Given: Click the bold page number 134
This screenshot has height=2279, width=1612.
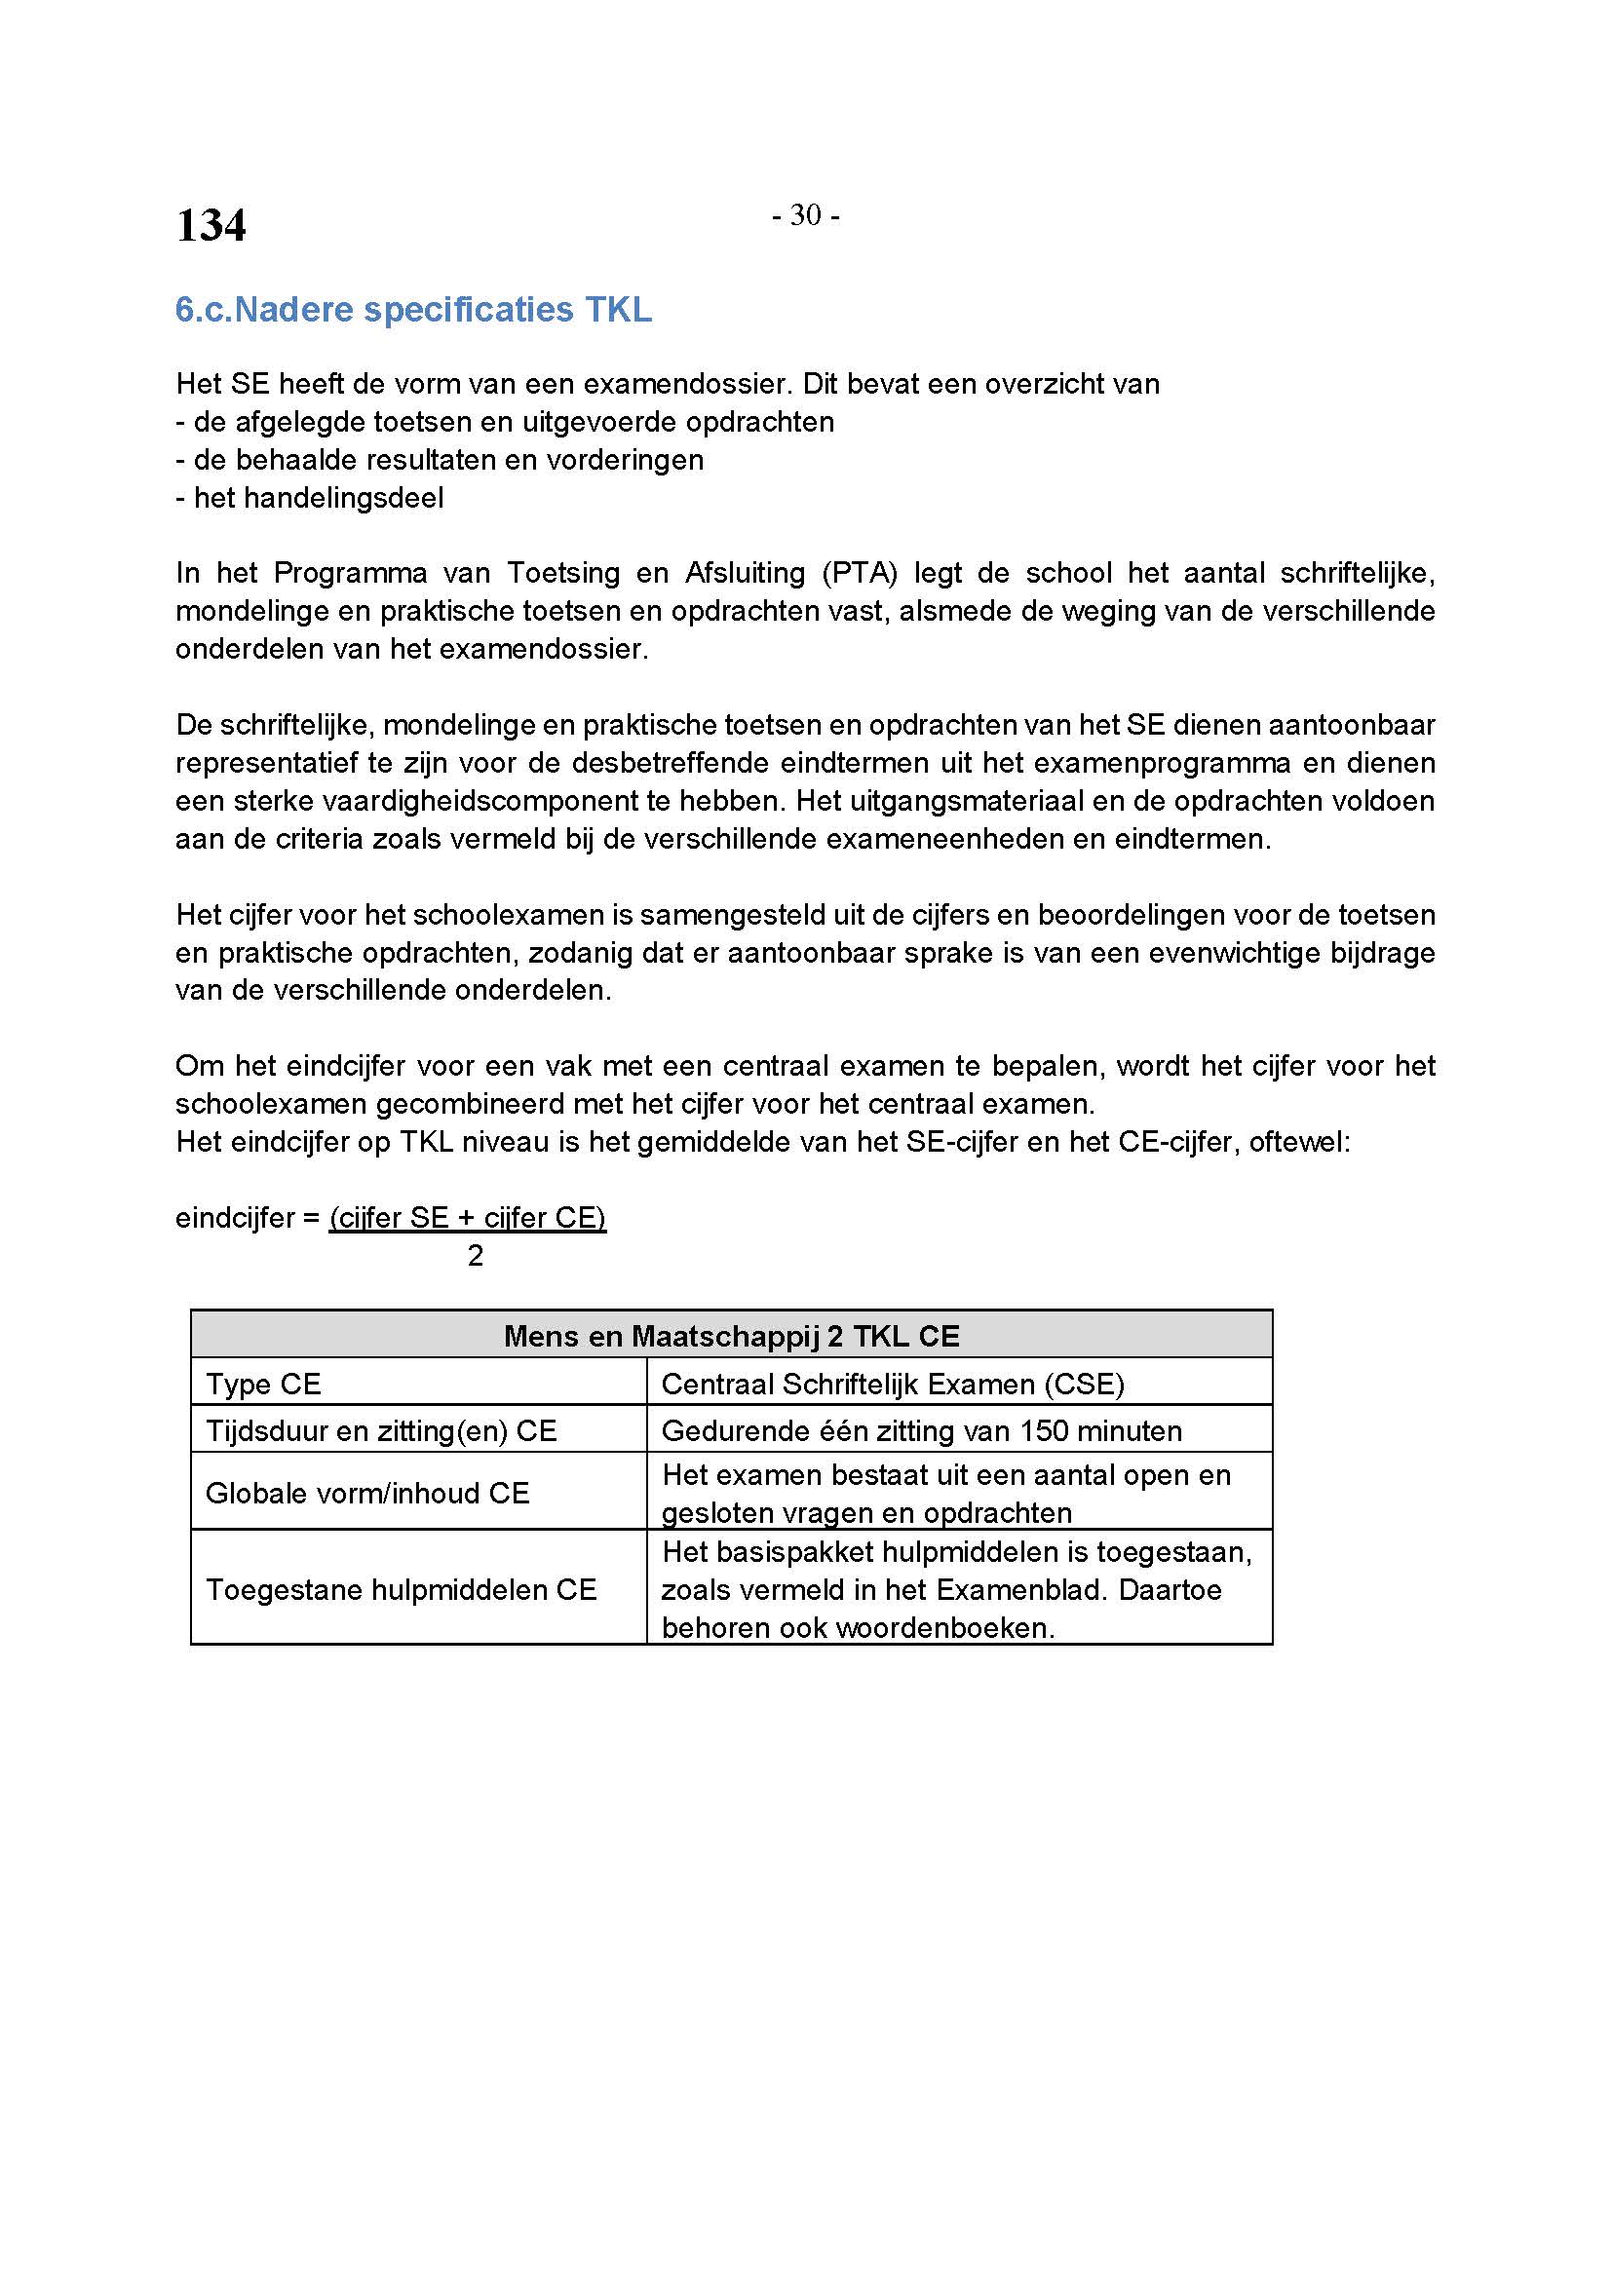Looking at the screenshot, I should coord(211,225).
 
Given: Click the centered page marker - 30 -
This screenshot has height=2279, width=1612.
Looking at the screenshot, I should coord(805,215).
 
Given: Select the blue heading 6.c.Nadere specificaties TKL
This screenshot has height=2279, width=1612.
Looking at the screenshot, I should coord(413,310).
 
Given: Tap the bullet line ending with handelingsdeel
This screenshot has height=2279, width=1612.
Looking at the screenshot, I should coord(310,497).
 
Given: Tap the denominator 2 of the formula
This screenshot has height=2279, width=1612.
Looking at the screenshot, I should coord(476,1256).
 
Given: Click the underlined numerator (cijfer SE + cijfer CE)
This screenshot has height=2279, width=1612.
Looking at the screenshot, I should coord(468,1218).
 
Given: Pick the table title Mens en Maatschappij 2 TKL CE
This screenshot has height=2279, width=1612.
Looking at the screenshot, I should coord(732,1336).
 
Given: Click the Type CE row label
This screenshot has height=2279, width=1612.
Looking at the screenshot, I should coord(263,1384).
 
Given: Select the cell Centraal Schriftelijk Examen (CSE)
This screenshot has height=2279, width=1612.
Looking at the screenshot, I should coord(893,1384).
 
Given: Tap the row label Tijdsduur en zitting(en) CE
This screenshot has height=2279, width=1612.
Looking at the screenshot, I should coord(381,1430).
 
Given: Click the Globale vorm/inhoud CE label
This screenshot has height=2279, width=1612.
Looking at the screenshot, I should coord(367,1493).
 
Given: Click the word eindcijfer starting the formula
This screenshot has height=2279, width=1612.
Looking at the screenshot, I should coord(235,1218).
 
